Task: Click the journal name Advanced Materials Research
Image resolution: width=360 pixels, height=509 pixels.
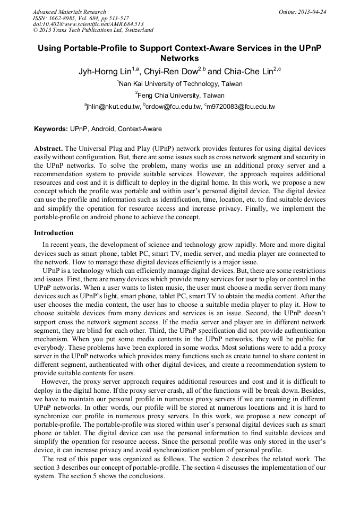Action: tap(69, 12)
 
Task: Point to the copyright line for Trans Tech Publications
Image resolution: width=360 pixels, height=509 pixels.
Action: tap(93, 30)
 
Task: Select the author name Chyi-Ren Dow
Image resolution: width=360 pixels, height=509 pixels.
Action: tap(172, 71)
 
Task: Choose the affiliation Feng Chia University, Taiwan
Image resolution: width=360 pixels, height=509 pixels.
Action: tap(181, 96)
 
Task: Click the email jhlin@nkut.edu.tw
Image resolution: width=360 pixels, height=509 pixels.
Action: tap(113, 107)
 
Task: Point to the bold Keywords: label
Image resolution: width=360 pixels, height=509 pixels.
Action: tap(51, 129)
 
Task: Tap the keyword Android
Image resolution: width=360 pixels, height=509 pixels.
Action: tap(103, 129)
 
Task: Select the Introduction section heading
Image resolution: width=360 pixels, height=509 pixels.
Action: tap(54, 233)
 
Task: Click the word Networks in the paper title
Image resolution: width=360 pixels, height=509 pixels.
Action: tap(179, 58)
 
